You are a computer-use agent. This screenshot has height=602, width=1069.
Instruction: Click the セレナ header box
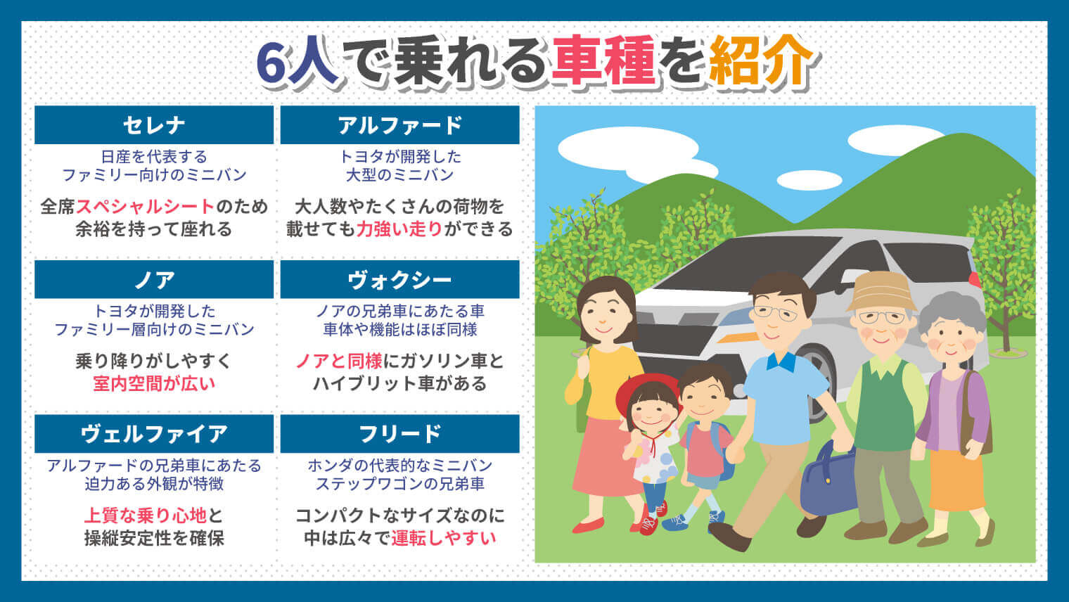coord(153,125)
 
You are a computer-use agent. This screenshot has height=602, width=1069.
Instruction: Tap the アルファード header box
coord(399,125)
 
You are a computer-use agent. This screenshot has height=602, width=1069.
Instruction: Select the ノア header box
coord(153,280)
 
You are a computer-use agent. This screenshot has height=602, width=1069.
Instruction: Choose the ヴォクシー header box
coord(399,280)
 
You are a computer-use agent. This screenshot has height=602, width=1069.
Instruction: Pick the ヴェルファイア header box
coord(153,434)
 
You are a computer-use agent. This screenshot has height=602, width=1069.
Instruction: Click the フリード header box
coord(399,434)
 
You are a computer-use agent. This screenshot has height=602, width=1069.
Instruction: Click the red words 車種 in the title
coord(603,62)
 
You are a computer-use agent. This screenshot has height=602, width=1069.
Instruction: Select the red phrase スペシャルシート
coord(145,207)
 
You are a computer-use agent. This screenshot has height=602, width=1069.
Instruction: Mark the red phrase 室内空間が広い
coord(153,384)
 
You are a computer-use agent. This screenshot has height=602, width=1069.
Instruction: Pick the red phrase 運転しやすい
coord(444,538)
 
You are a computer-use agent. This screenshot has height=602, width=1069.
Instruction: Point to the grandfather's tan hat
coord(882,289)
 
